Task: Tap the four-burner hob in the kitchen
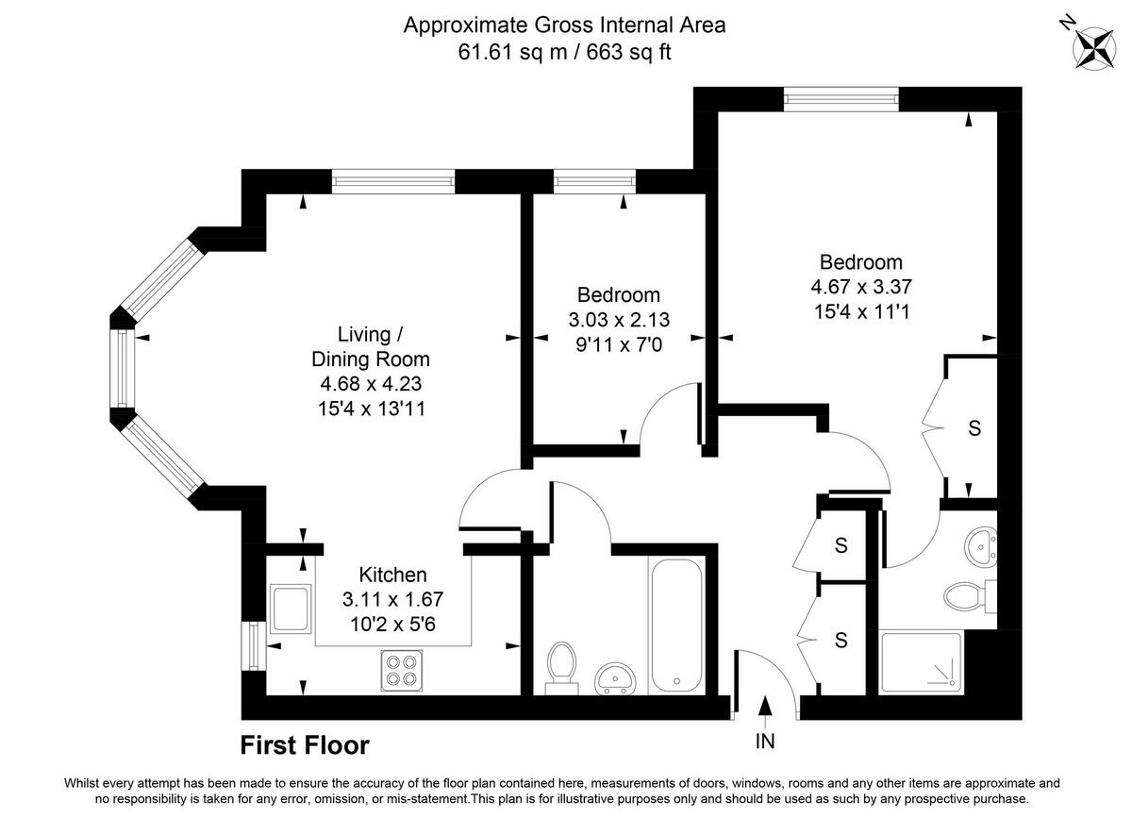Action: [x=402, y=670]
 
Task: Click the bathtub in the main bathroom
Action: [x=674, y=625]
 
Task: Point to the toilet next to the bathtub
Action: [x=561, y=664]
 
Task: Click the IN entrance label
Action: [x=765, y=742]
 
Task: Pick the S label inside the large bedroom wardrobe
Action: [x=974, y=428]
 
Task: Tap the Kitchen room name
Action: [x=392, y=575]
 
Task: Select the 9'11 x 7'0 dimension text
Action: [x=619, y=345]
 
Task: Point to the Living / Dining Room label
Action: [x=370, y=346]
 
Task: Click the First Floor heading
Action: [x=305, y=745]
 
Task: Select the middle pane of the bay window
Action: [x=124, y=367]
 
